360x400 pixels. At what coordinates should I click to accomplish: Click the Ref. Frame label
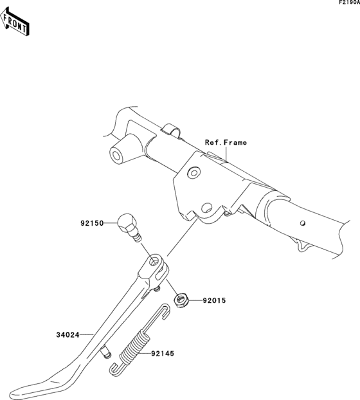pos(225,142)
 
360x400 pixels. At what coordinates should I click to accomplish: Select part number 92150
pos(93,224)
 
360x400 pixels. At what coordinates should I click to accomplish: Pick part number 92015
pos(216,300)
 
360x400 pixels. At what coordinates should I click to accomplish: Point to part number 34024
pos(67,334)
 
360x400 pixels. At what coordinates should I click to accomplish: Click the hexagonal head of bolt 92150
pos(126,224)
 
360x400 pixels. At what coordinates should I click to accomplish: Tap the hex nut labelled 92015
pos(182,298)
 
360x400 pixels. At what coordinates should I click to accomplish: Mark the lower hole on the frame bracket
pos(206,208)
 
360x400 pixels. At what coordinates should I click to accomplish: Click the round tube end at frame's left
pos(118,156)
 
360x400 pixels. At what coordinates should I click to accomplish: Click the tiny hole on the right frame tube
pos(303,224)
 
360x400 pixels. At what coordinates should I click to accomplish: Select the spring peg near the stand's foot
pos(105,352)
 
